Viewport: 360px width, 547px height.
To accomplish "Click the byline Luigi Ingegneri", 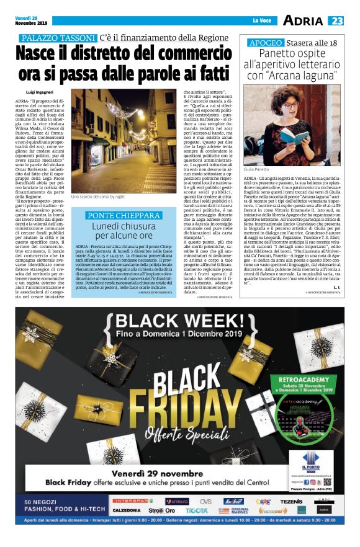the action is point(40,91).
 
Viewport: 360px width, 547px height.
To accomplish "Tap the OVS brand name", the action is point(205,502).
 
